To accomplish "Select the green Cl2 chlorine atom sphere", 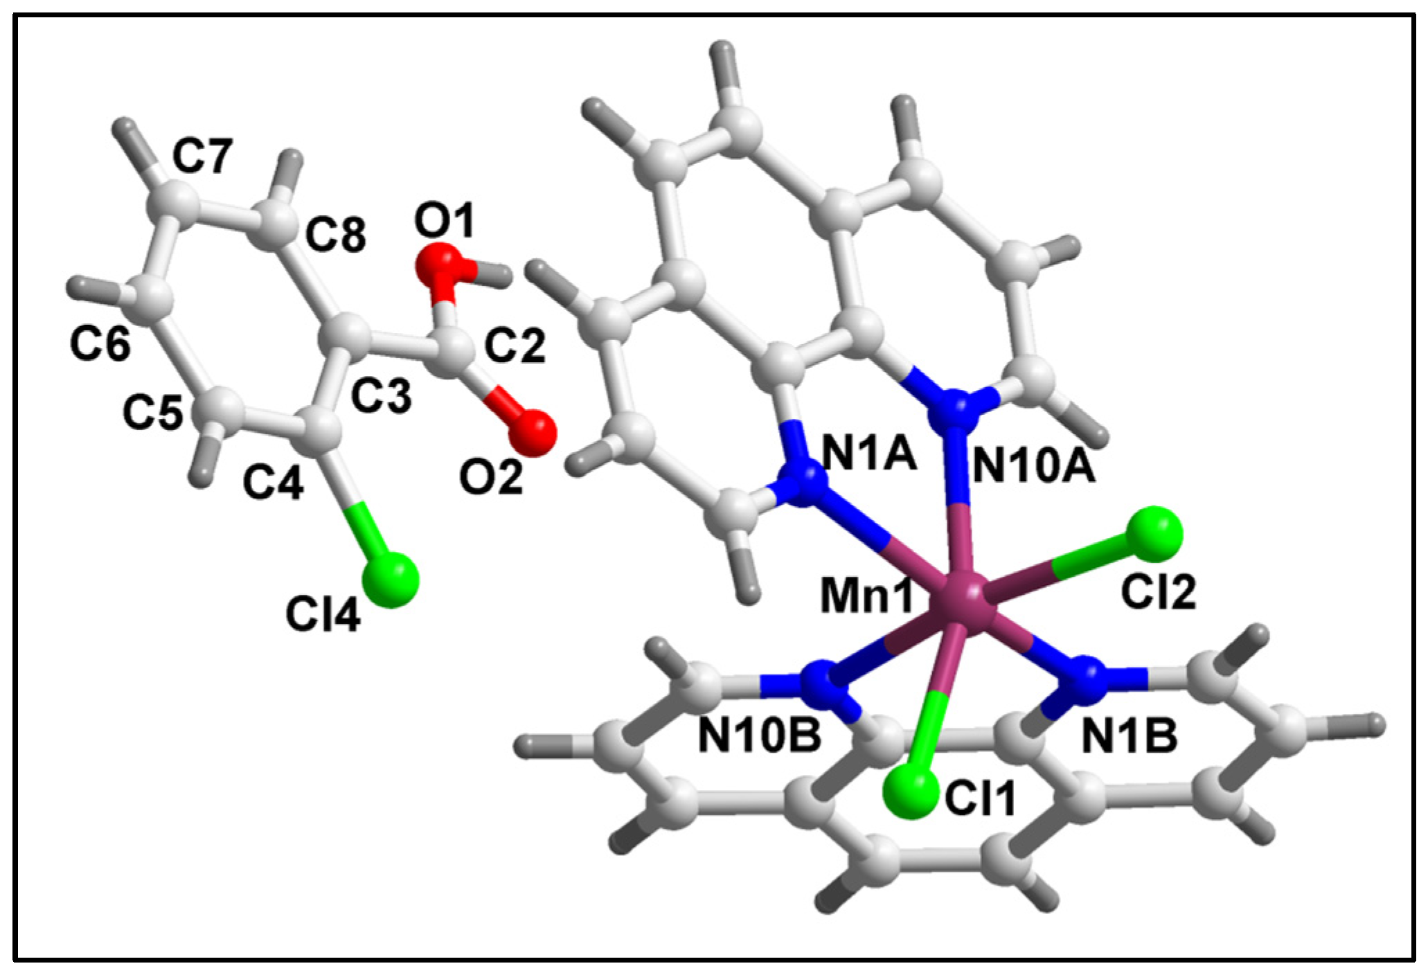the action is pyautogui.click(x=1153, y=534).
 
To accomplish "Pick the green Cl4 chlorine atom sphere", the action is pyautogui.click(x=391, y=580).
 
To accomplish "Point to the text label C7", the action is pyautogui.click(x=202, y=156).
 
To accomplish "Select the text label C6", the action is pyautogui.click(x=100, y=343).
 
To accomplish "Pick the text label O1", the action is pyautogui.click(x=445, y=222).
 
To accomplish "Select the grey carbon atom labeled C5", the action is pyautogui.click(x=222, y=410).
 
